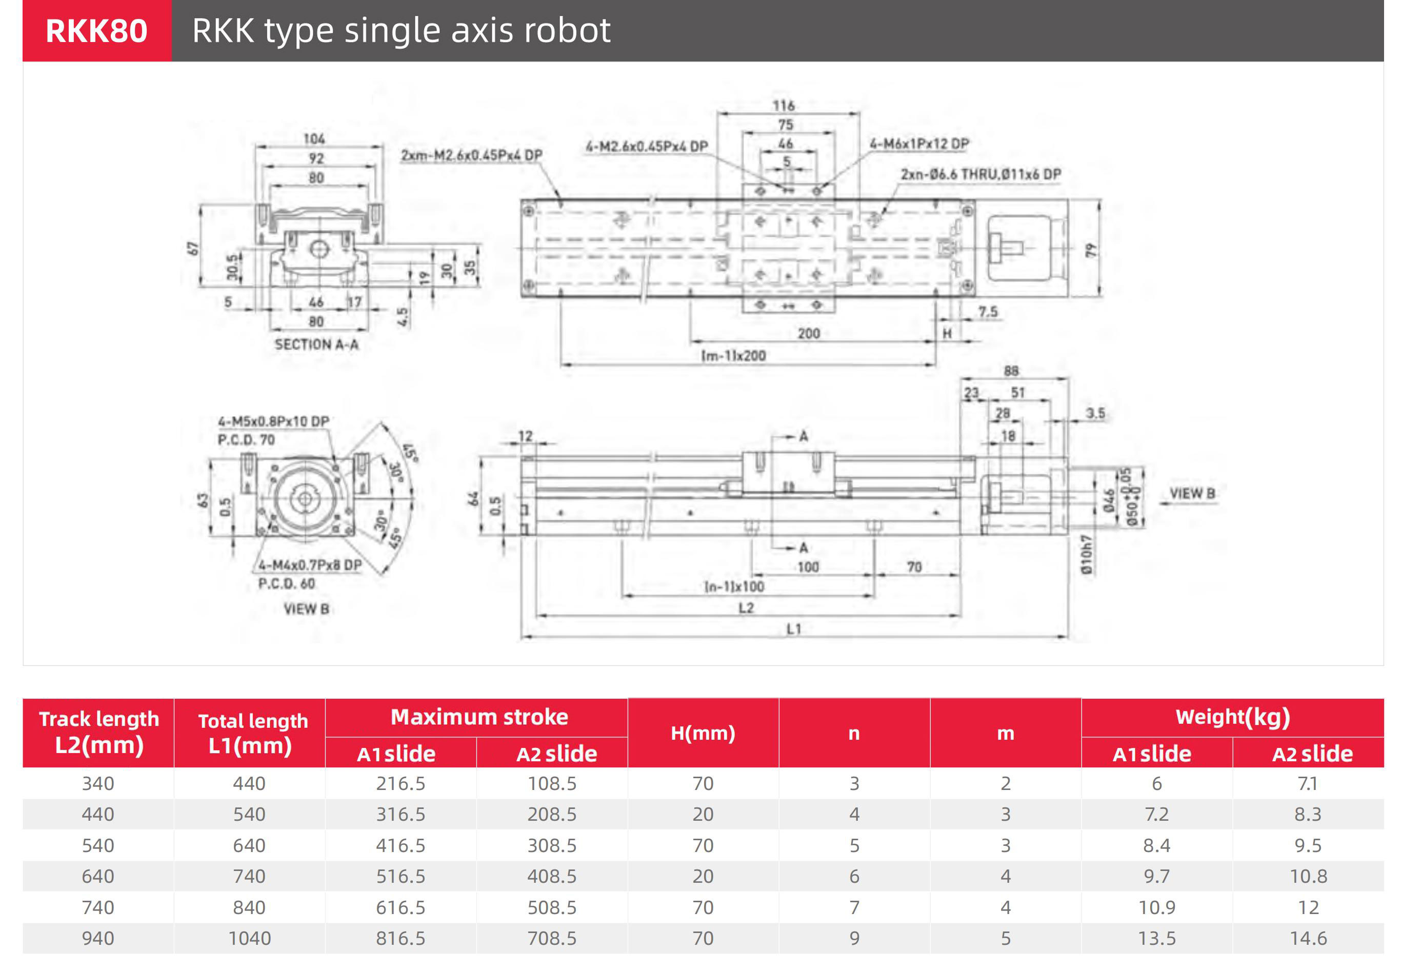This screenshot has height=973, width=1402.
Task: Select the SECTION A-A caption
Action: pos(316,344)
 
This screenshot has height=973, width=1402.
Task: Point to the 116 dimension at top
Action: pos(784,106)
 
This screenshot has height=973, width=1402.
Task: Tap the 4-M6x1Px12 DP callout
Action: pos(919,144)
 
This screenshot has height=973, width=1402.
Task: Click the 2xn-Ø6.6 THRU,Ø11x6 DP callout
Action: pos(980,174)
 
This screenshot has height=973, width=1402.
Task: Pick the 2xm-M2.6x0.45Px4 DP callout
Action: pos(471,155)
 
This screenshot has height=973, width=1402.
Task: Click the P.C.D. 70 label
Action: pos(246,439)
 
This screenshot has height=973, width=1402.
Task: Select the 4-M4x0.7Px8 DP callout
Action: pos(310,565)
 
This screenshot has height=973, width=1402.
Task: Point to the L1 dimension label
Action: pos(793,629)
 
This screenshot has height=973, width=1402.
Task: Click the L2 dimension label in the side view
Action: pos(746,608)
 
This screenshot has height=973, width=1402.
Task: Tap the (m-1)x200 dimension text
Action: pos(734,355)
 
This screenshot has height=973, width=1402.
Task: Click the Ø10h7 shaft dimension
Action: pos(1086,554)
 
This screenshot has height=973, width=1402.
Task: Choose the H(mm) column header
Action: pos(703,733)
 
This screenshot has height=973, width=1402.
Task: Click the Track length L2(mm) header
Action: pos(99,732)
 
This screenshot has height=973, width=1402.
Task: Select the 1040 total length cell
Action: pos(249,938)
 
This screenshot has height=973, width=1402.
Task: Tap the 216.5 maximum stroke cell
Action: pos(400,783)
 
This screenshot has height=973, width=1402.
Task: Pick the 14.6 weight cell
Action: pos(1308,938)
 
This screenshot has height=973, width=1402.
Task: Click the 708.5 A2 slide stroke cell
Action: pos(552,938)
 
